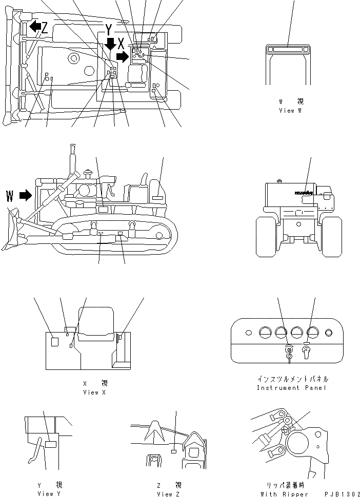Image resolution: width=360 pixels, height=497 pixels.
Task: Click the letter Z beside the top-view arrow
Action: pos(45,28)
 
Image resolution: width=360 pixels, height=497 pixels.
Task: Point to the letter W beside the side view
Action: pos(10,196)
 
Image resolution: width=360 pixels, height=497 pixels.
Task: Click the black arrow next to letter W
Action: pos(25,195)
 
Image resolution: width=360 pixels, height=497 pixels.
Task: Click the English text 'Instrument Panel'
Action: pos(293,388)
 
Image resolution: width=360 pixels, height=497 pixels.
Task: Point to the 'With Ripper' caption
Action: pos(284,494)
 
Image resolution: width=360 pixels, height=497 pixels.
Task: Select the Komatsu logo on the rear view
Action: pos(304,194)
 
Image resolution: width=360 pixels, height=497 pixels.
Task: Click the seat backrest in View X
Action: pos(95,321)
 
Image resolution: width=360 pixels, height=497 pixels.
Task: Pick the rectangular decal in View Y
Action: pos(50,444)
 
